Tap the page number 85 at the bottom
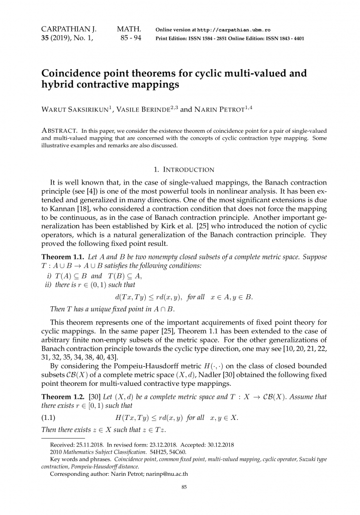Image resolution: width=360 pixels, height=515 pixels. (x=184, y=487)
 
